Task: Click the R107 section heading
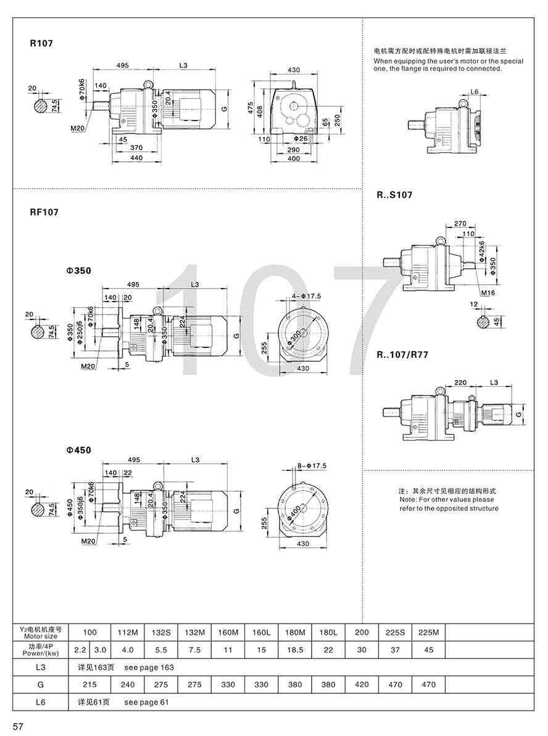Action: coord(41,44)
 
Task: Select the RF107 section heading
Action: coord(44,212)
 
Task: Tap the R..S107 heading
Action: coord(395,195)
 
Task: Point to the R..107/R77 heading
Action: coord(402,355)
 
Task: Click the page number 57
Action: coord(18,727)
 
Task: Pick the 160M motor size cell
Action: coord(228,632)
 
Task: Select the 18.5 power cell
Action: coord(295,649)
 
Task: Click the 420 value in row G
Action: coord(362,684)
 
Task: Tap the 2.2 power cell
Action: coord(80,649)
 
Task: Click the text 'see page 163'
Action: coord(149,667)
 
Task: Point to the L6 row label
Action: coord(41,702)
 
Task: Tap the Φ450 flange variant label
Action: coord(78,450)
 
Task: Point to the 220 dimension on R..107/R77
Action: coord(460,382)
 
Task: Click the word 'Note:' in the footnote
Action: coord(410,499)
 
